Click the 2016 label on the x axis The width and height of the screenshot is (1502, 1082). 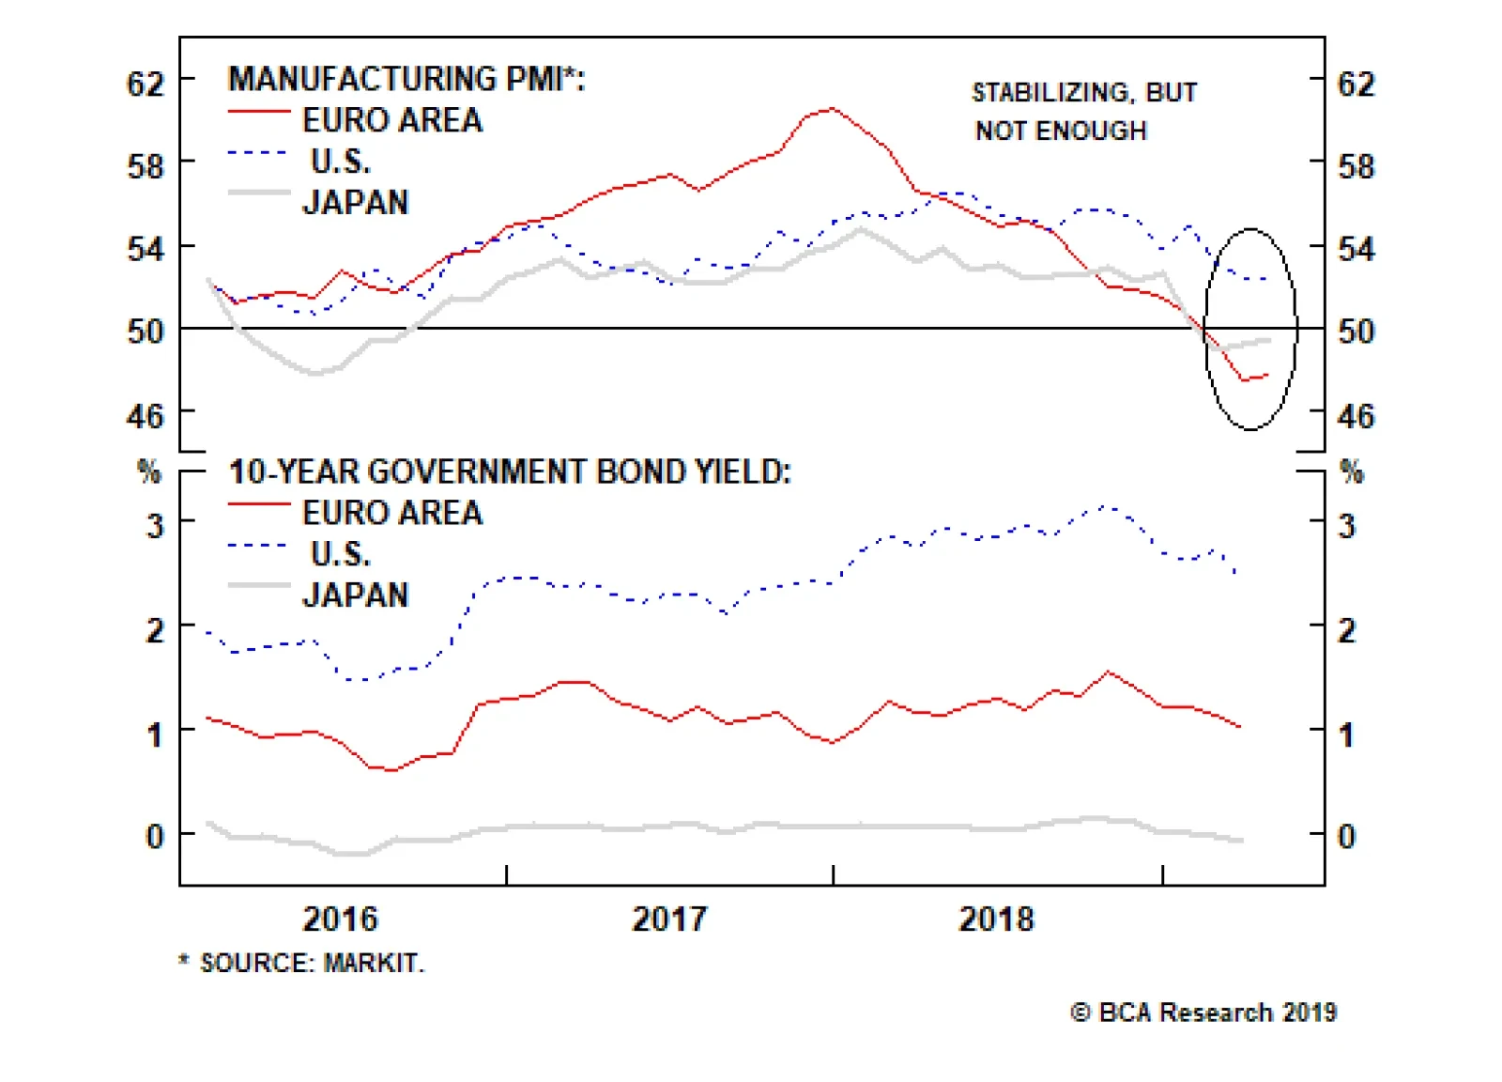tap(340, 919)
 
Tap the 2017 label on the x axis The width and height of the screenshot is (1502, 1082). tap(668, 919)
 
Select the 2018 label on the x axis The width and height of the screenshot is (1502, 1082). tap(996, 919)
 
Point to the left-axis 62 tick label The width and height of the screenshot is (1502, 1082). tap(146, 85)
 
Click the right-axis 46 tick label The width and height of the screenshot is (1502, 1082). tap(1356, 415)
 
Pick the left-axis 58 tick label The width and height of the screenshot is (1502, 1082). tap(146, 167)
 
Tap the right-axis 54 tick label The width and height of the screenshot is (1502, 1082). tap(1356, 250)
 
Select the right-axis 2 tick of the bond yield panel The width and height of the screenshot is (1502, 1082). tap(1347, 630)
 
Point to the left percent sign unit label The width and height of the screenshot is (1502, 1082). tap(149, 471)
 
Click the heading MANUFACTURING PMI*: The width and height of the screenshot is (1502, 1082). tap(406, 79)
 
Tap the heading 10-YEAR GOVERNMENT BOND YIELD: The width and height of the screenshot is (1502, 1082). tap(510, 471)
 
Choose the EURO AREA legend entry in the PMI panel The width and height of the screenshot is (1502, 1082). tap(391, 120)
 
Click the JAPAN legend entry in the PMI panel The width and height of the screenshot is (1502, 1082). tap(356, 203)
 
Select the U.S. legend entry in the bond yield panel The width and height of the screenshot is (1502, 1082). tap(341, 554)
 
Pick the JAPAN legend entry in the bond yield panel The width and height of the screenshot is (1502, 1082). tap(356, 595)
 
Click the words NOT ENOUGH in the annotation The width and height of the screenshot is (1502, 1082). tap(1061, 131)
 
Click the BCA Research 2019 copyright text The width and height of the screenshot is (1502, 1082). tap(1203, 1012)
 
